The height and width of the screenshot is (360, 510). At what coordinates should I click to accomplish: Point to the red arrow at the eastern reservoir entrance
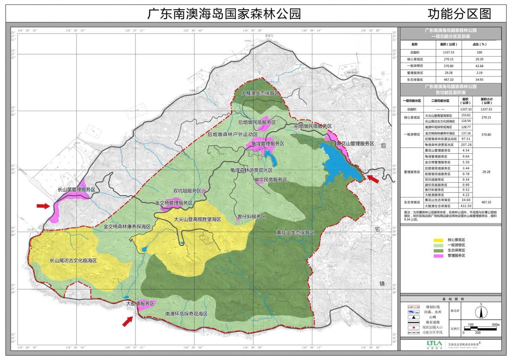pyautogui.click(x=373, y=179)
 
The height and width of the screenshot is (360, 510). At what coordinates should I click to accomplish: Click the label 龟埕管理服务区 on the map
pyautogui.click(x=265, y=144)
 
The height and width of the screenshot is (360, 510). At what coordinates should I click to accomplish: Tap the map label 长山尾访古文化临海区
pyautogui.click(x=74, y=260)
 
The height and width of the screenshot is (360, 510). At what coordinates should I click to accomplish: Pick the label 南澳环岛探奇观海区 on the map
pyautogui.click(x=187, y=314)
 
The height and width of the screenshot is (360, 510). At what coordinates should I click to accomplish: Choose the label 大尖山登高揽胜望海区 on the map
pyautogui.click(x=197, y=219)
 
